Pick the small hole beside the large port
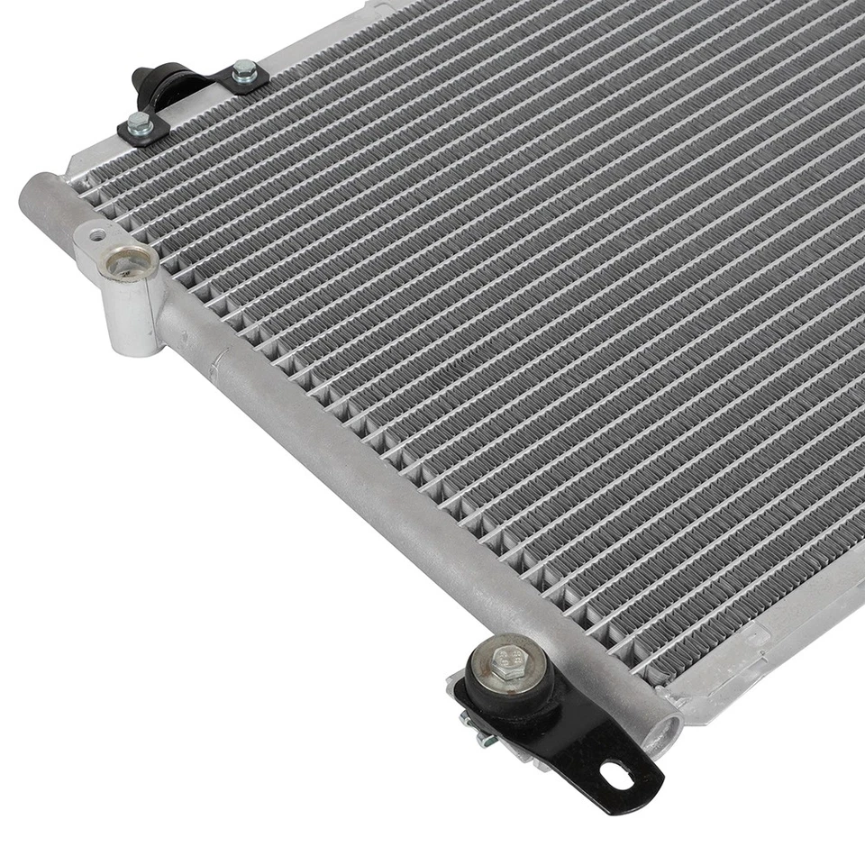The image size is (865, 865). [95, 232]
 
